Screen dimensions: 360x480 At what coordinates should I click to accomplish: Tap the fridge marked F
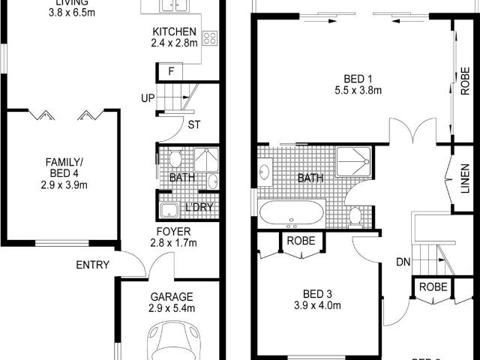click(171, 72)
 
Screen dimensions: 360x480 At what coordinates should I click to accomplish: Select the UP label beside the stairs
click(147, 98)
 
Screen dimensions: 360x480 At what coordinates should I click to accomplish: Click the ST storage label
click(193, 124)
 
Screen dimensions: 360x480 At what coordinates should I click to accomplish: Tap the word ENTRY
click(92, 265)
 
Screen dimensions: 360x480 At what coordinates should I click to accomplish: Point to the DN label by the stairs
click(403, 262)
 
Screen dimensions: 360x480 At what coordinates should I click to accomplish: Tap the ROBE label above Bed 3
click(302, 241)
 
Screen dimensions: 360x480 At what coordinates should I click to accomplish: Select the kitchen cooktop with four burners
click(209, 38)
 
